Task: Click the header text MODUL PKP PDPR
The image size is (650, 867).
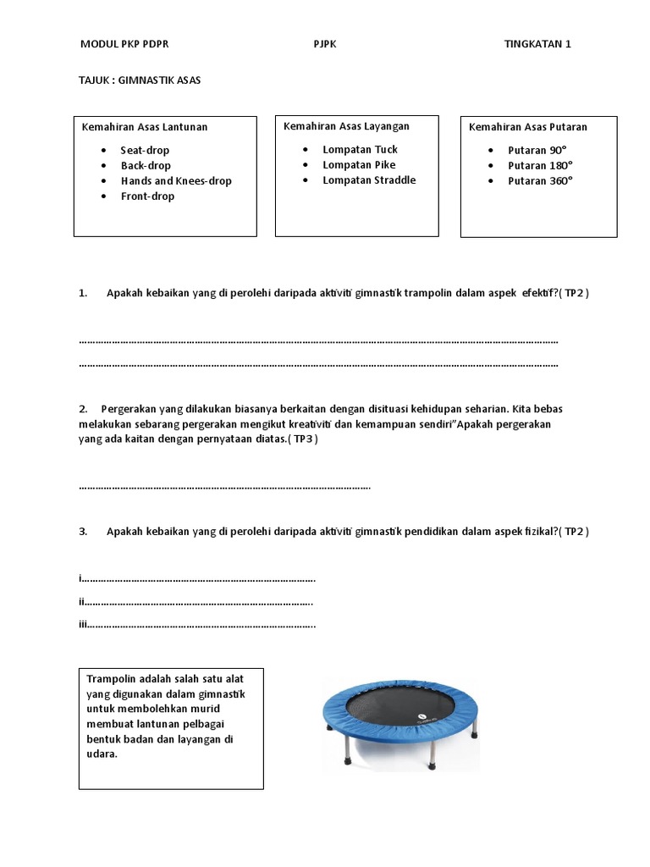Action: pos(129,44)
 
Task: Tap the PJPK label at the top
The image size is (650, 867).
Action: pos(325,44)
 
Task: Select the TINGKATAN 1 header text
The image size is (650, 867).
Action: pos(537,44)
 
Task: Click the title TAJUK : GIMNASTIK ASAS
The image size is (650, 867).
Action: pos(140,80)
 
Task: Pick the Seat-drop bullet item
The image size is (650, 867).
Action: pos(145,150)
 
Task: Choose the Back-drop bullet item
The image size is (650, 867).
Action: pos(146,165)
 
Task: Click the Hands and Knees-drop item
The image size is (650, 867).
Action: pos(176,180)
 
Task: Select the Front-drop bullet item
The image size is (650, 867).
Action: pos(147,196)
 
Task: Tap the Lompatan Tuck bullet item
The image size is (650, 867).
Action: pos(360,149)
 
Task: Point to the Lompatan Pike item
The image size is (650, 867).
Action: pos(359,164)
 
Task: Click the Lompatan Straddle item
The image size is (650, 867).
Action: pos(369,179)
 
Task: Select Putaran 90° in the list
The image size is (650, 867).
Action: pos(537,150)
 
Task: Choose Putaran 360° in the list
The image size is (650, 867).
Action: pos(540,180)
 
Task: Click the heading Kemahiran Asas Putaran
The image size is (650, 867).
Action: pos(528,127)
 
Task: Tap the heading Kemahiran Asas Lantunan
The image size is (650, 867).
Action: pos(145,127)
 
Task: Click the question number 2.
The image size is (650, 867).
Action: pos(83,408)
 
